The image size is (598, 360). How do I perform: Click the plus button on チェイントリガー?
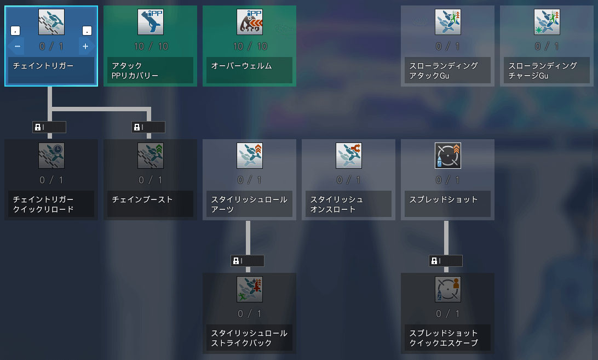(85, 47)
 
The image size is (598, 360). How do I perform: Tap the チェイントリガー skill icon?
(51, 22)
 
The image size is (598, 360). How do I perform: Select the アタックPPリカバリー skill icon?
(151, 22)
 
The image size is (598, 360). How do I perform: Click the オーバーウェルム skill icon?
(250, 22)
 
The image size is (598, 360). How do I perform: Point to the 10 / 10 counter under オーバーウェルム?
(250, 47)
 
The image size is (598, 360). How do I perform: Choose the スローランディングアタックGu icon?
(448, 22)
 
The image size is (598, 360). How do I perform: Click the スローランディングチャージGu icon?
(547, 22)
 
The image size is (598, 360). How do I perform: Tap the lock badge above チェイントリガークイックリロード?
(49, 127)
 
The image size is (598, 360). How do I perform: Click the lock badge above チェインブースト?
(148, 127)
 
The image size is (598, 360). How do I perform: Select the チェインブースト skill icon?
(151, 156)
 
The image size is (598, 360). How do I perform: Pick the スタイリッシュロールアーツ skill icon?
(250, 156)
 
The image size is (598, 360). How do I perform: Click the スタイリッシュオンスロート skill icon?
(349, 156)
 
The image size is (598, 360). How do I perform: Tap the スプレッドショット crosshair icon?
(448, 156)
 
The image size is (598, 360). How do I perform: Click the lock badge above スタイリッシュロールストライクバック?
(248, 261)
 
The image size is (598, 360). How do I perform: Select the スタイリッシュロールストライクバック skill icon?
(250, 289)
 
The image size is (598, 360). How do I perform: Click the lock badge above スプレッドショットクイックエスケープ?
(446, 261)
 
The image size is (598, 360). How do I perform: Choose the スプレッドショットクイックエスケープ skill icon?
(448, 289)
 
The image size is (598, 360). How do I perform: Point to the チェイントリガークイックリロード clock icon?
(51, 156)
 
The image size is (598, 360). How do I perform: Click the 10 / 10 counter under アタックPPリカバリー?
(151, 47)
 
